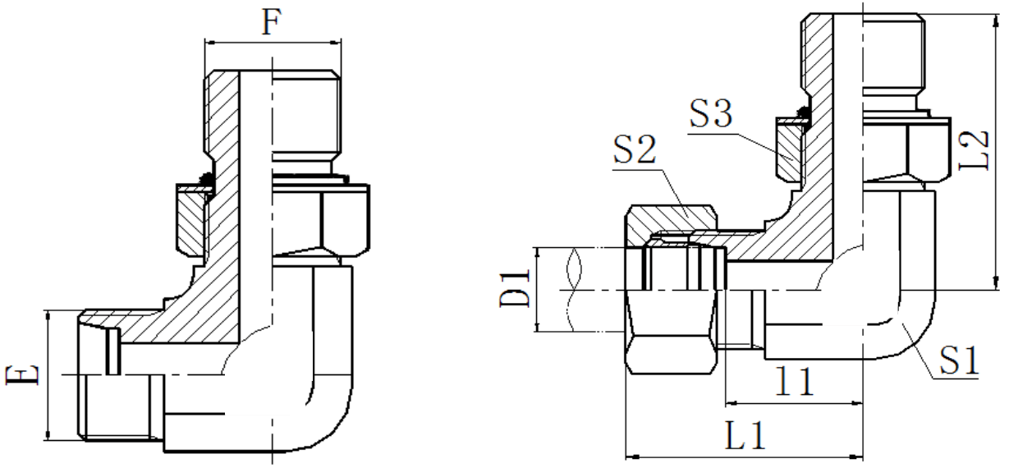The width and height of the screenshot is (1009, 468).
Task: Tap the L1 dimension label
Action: [745, 436]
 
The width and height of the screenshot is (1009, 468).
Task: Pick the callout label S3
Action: [712, 114]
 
